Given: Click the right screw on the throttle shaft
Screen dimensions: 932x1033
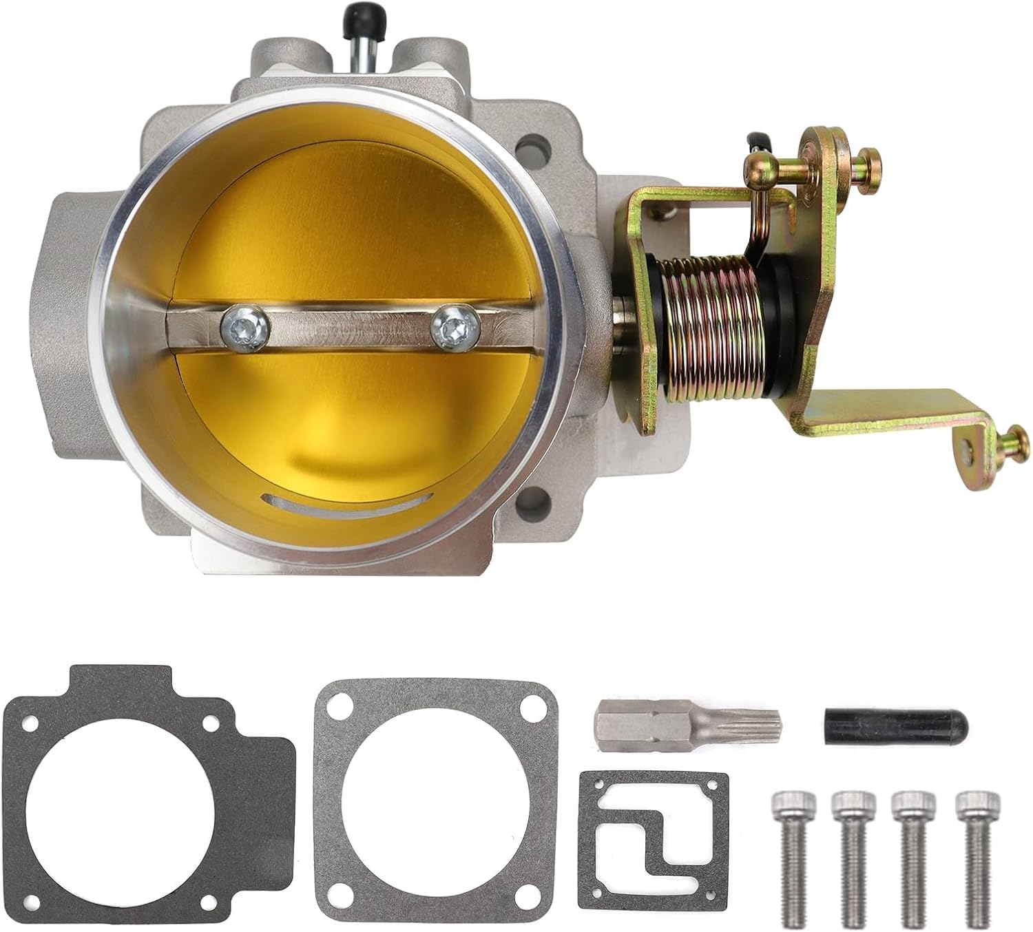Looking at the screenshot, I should click(455, 328).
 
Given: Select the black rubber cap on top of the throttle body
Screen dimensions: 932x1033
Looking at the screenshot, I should click(358, 14).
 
